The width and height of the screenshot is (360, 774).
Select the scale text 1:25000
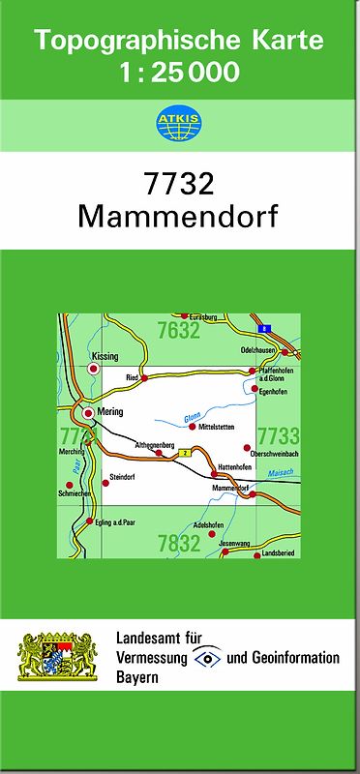[x=178, y=73]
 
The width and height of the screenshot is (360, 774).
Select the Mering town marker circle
[x=88, y=413]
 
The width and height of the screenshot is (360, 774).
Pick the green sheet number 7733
[x=279, y=434]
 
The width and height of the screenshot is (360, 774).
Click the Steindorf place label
[x=127, y=477]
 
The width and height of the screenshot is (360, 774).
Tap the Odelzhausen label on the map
[x=259, y=350]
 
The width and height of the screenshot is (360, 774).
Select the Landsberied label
[x=280, y=554]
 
